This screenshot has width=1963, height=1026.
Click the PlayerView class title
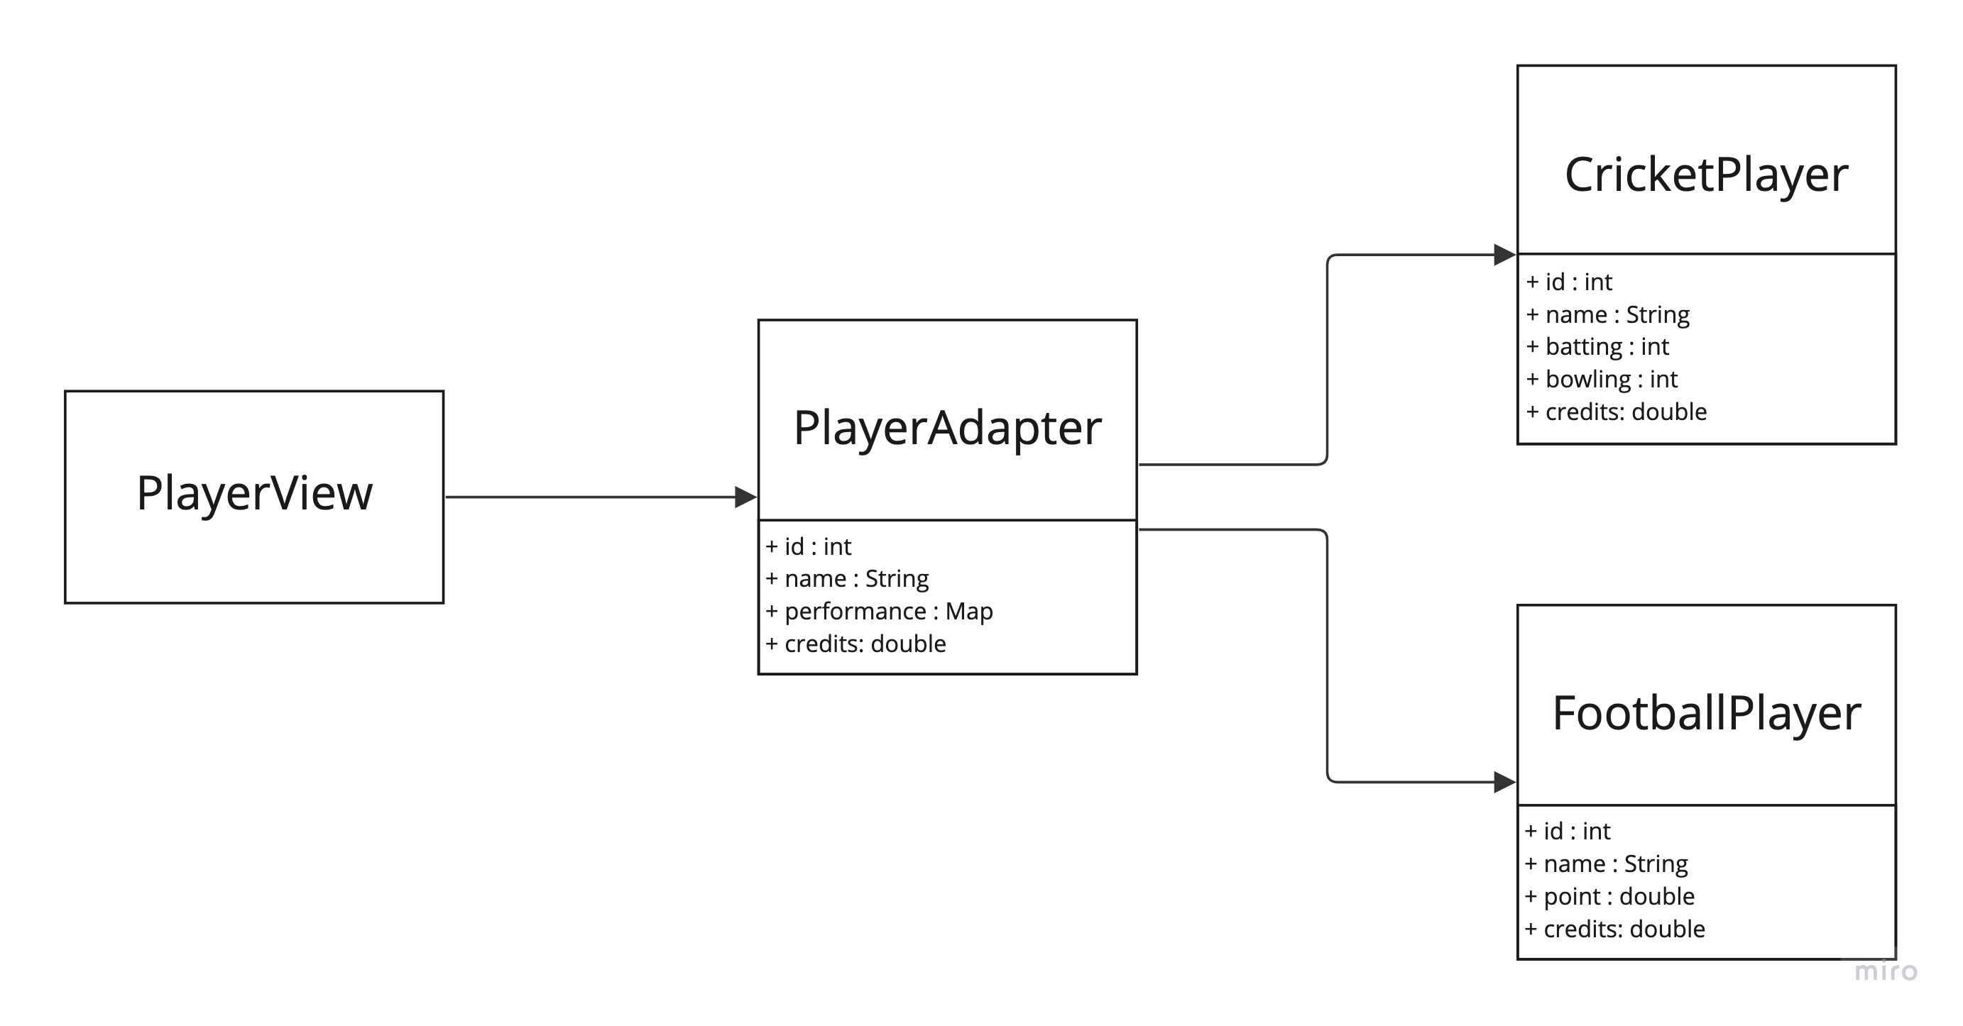click(x=255, y=493)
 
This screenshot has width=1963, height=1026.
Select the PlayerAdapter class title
click(x=947, y=427)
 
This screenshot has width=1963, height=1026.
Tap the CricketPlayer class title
click(x=1706, y=175)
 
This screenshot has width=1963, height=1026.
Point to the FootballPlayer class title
click(x=1706, y=713)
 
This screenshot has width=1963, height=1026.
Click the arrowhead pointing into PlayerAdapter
click(x=745, y=497)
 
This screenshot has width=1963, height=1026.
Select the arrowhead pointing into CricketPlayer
click(x=1504, y=255)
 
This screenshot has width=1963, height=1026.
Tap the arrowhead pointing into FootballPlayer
click(x=1504, y=782)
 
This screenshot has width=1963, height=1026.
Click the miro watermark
click(x=1886, y=971)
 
